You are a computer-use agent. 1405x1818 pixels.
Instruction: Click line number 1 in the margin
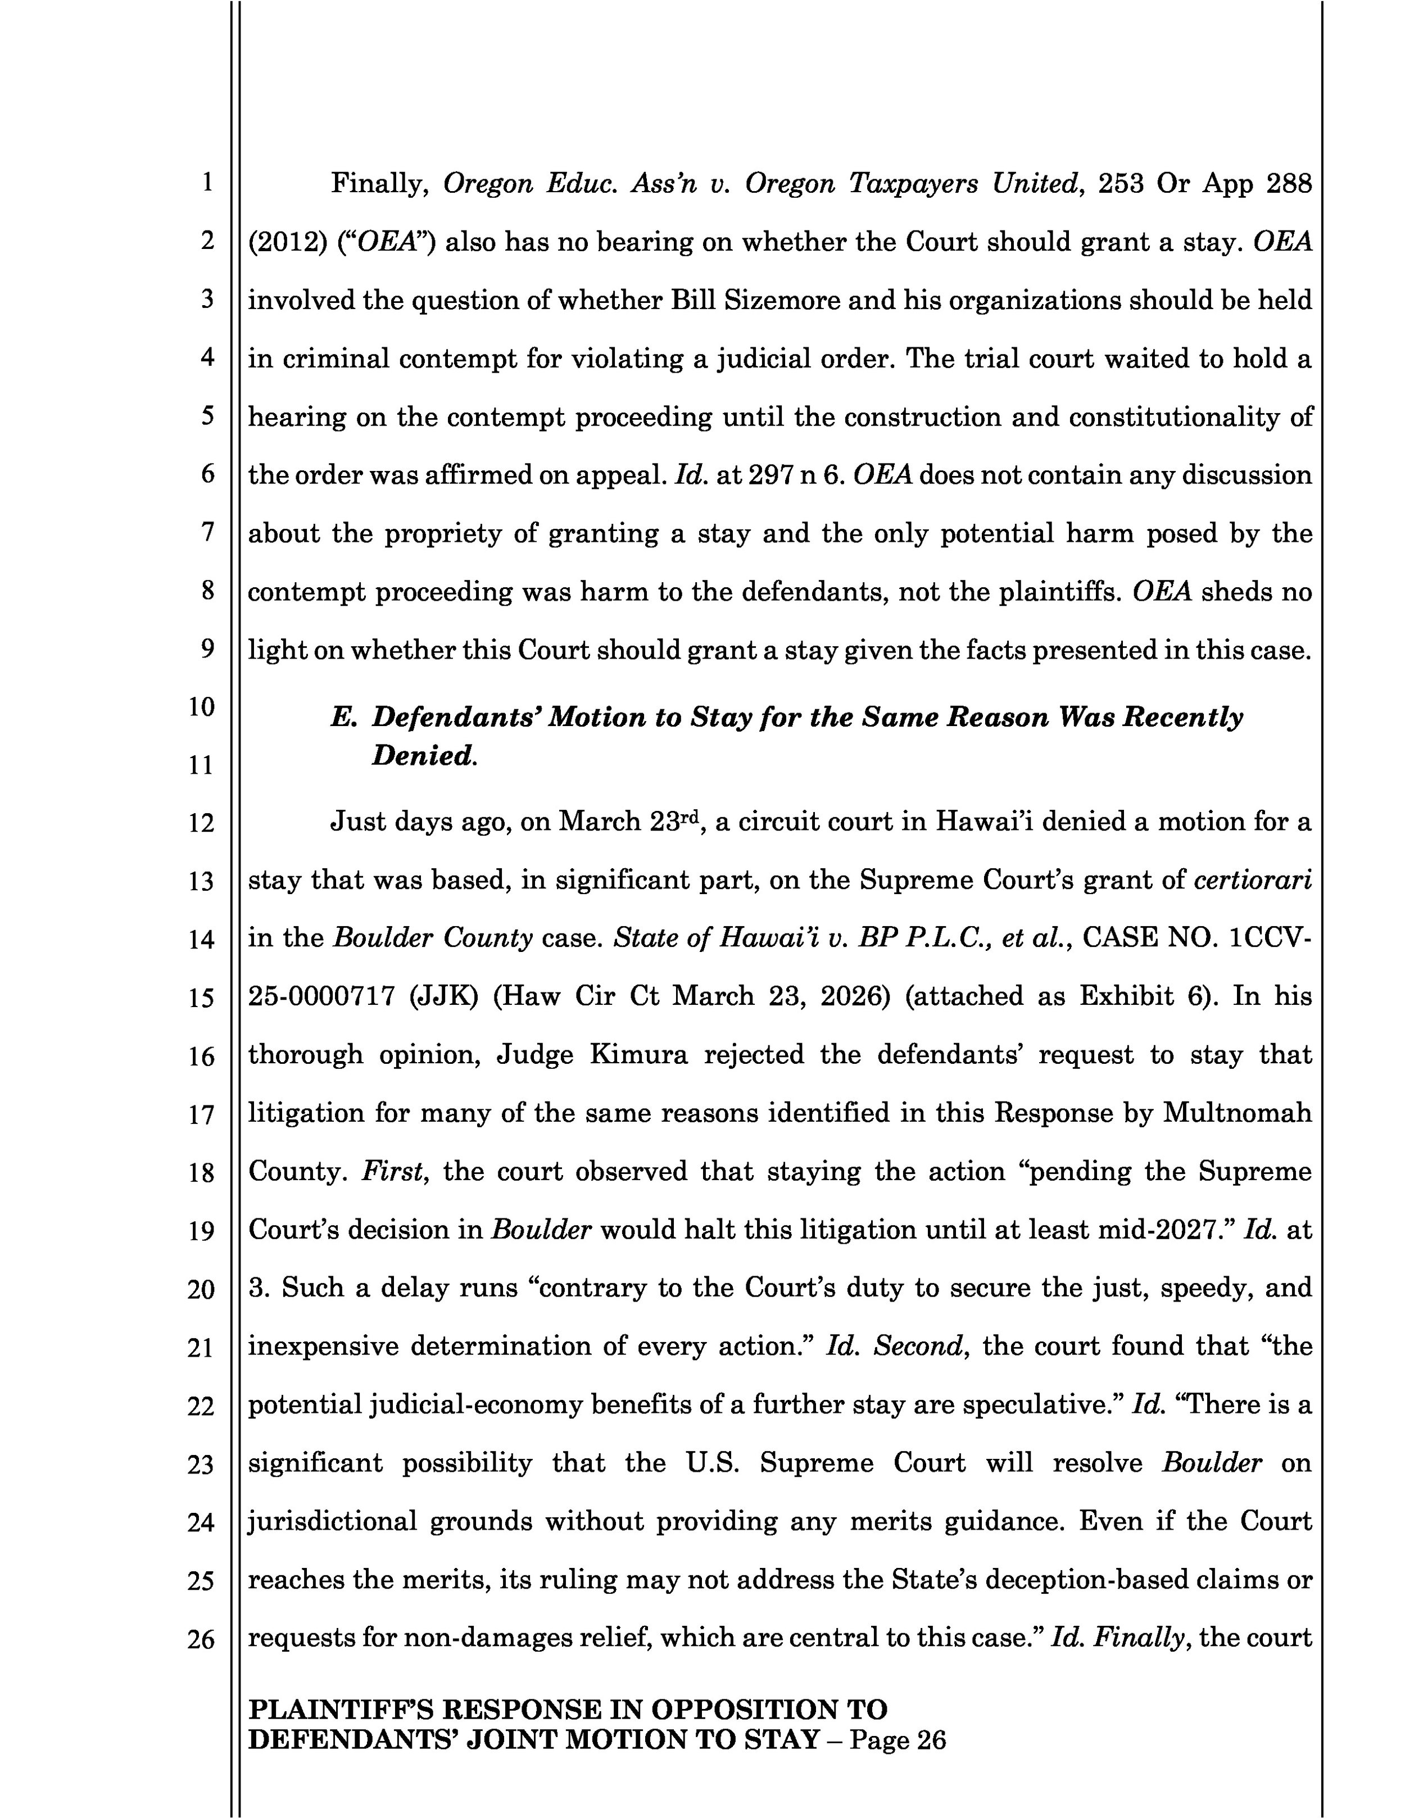(206, 182)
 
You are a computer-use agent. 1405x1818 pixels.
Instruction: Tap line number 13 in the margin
(201, 882)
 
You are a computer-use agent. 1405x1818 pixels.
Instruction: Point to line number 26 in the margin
(201, 1639)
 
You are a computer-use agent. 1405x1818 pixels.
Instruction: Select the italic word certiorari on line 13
(1253, 880)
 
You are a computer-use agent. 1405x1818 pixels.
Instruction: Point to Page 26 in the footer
(898, 1740)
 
